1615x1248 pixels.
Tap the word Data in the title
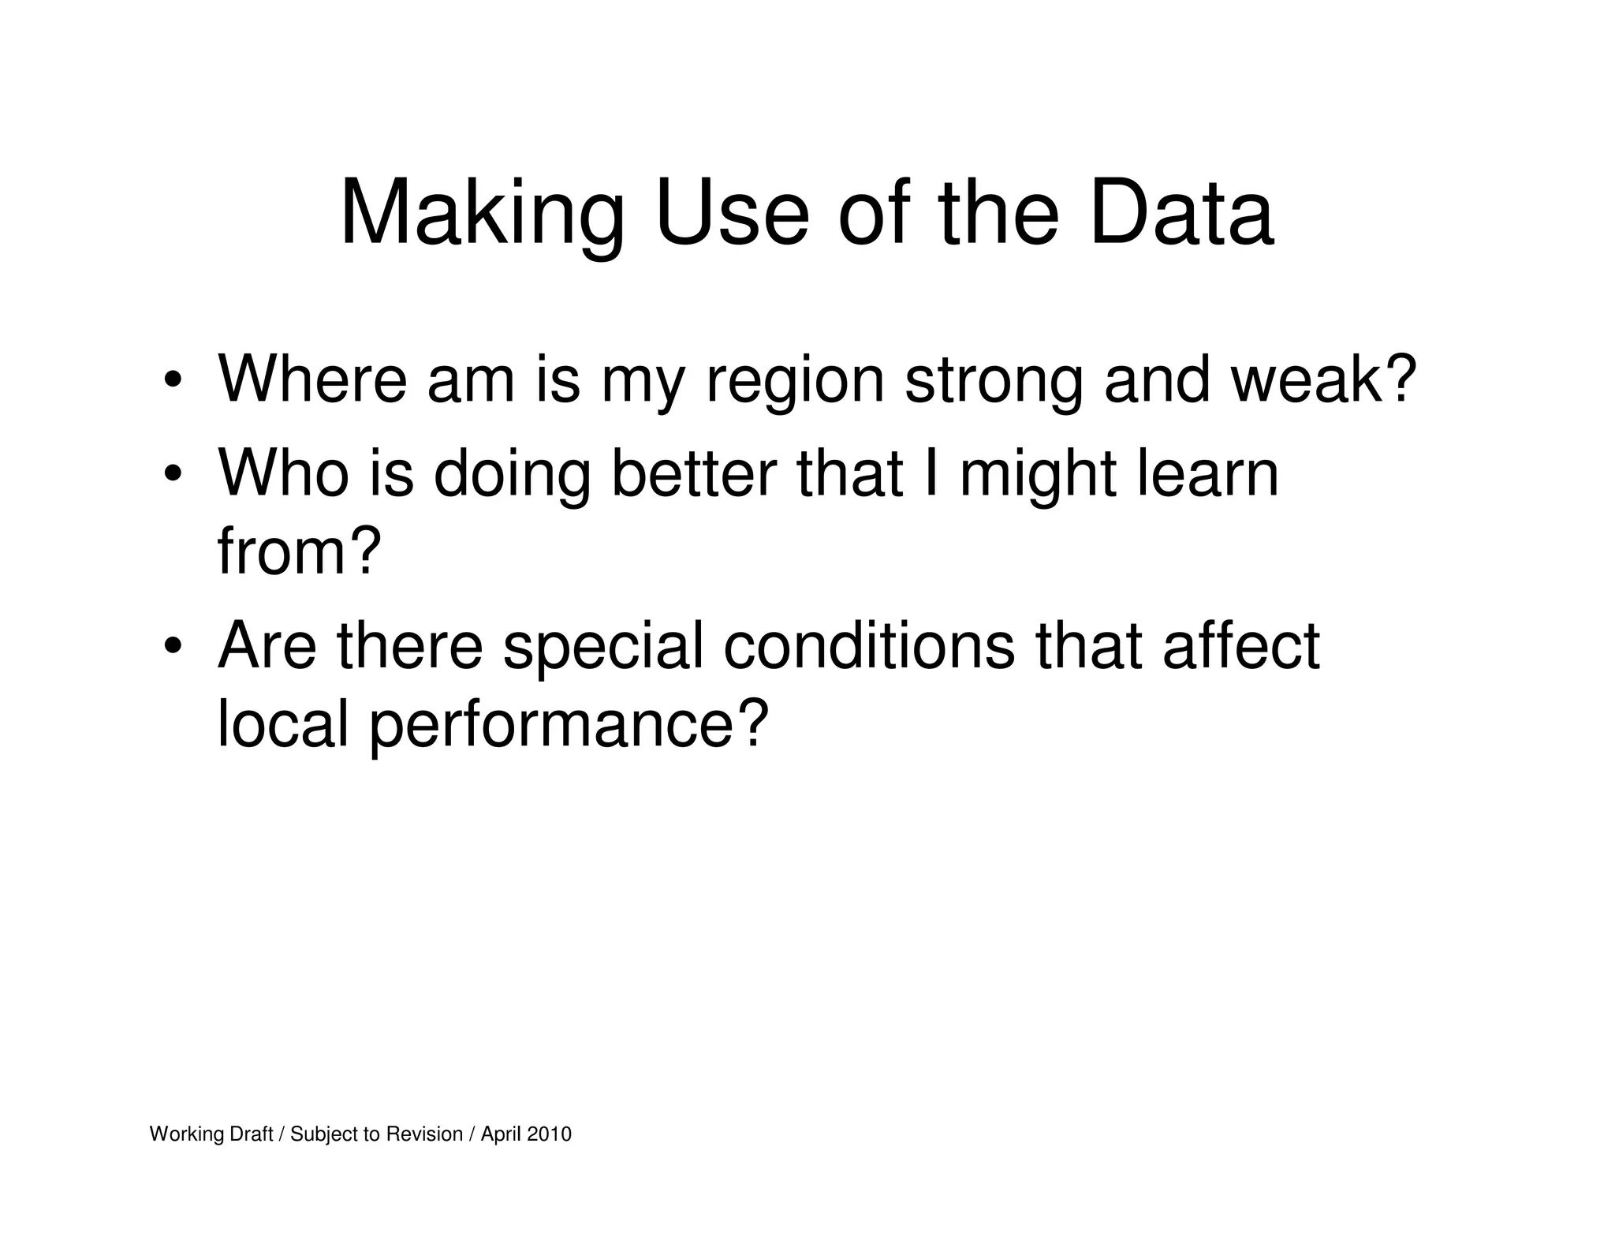(1180, 213)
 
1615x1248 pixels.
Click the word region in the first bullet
(795, 382)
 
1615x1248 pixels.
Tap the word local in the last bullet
(282, 724)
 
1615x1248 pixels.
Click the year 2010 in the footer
(549, 1134)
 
